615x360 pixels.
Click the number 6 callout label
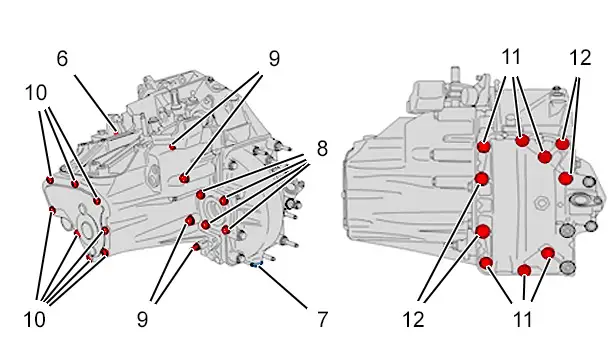pos(62,59)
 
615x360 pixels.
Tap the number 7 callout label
pos(322,319)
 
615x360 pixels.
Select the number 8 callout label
pos(322,149)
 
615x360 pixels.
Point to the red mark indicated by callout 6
pos(116,133)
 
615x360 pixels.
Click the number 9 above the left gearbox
pos(274,59)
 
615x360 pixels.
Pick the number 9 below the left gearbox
pos(142,319)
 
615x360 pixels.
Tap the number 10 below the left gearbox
pos(35,319)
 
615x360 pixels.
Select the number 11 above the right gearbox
pos(511,57)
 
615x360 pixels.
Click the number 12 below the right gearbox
pos(413,319)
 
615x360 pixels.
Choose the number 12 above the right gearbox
pos(580,58)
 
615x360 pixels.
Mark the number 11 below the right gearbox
pos(523,319)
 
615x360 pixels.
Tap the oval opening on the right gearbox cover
pos(581,199)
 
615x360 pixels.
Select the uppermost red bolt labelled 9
pos(172,147)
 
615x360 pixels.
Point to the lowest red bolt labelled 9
pos(196,247)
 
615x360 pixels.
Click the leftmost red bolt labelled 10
pos(50,180)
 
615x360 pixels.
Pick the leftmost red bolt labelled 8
pos(200,195)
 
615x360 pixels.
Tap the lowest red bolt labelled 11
pos(524,270)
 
